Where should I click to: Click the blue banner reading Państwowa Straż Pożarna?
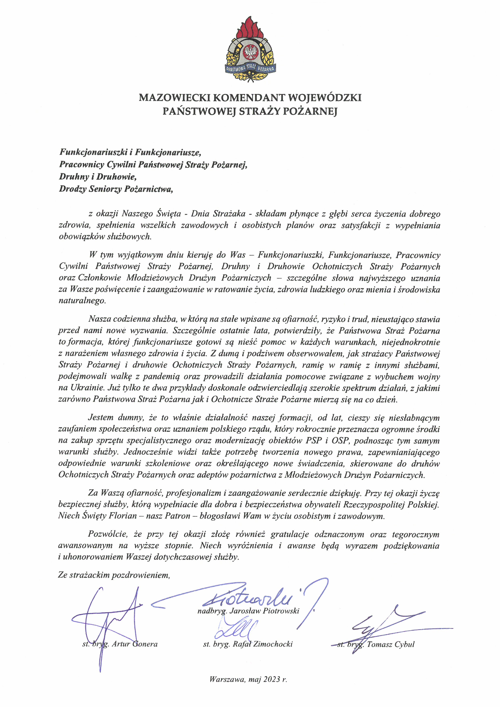click(250, 68)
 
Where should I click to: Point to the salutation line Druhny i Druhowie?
click(98, 177)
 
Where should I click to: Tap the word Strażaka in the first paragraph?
click(229, 214)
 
